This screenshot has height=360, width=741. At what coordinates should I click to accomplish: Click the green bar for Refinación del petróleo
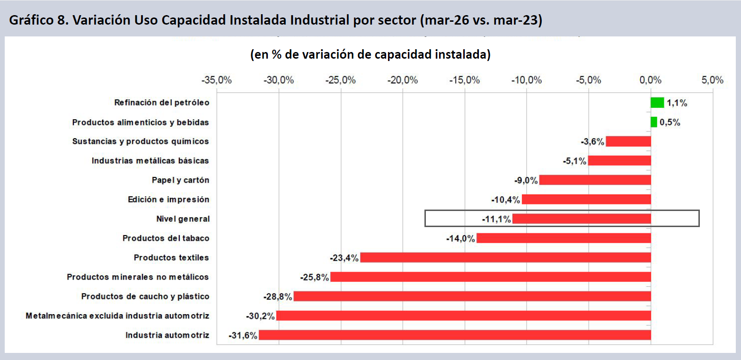point(657,103)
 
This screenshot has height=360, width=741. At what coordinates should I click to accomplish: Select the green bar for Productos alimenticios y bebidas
point(653,122)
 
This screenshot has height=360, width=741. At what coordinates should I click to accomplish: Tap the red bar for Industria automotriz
point(455,335)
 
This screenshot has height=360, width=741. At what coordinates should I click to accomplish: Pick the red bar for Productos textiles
point(505,257)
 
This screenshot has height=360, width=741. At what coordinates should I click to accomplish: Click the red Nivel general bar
point(582,219)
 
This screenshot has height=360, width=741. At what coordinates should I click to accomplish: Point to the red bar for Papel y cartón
point(595,180)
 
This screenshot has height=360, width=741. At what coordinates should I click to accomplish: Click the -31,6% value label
point(243,335)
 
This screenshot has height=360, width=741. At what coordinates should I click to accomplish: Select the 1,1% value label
point(677,103)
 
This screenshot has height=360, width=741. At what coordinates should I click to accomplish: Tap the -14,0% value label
point(460,238)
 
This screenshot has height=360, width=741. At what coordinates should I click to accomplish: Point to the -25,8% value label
point(315,277)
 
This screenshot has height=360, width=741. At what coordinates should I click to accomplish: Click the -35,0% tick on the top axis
point(217,80)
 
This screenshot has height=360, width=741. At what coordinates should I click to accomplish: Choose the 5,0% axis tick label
point(713,80)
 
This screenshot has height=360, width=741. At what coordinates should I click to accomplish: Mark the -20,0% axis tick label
point(403,80)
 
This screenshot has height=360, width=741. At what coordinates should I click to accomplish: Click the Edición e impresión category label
point(169,199)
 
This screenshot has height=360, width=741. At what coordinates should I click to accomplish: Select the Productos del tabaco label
point(166,238)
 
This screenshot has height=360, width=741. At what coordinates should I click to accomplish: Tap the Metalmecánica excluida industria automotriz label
point(117,316)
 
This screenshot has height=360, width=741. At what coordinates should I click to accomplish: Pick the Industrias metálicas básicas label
point(150,161)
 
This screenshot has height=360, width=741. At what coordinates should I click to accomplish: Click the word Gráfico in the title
point(31,20)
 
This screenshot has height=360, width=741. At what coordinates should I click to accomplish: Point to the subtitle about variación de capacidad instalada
point(370,54)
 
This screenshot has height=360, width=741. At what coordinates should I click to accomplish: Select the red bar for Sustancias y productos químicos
point(628,141)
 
